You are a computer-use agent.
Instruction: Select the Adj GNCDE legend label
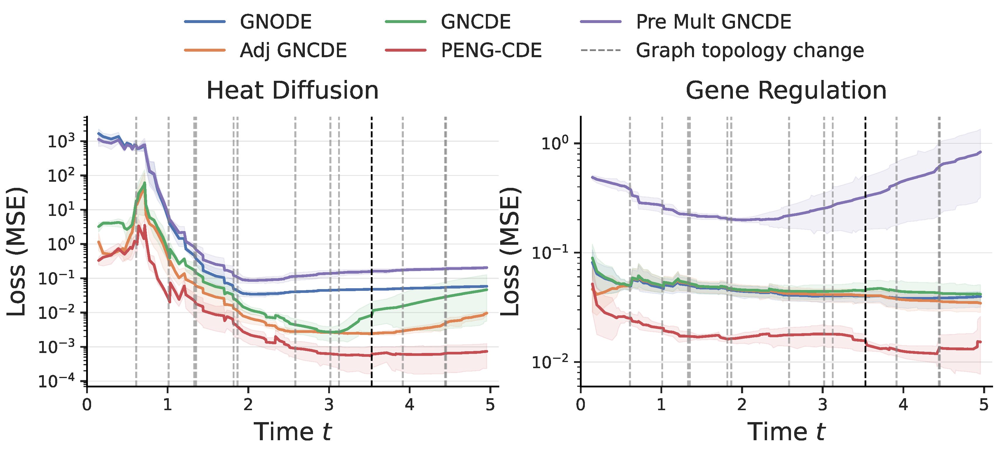[293, 51]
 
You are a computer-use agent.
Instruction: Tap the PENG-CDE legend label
[491, 51]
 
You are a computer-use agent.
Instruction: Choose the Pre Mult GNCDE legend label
[713, 22]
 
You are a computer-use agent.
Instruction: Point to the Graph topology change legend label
[750, 51]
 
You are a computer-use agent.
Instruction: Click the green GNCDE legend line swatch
[406, 22]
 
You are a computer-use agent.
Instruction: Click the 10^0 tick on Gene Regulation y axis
[555, 144]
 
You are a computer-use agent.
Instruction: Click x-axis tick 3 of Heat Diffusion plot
[329, 405]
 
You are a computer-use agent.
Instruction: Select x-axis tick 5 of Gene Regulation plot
[984, 405]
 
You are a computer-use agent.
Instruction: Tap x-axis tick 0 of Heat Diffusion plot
[87, 405]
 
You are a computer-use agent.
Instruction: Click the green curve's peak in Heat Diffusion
[145, 183]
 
